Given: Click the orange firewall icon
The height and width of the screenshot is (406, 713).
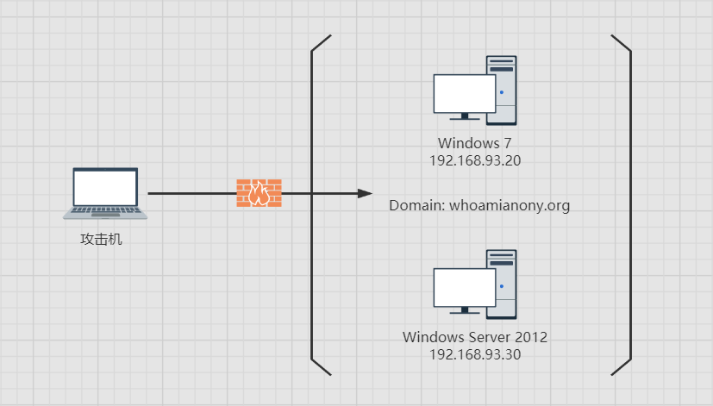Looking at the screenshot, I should (259, 193).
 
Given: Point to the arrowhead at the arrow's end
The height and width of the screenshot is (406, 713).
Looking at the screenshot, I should (365, 194).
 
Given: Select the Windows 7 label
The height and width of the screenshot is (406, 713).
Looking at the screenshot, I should (475, 143).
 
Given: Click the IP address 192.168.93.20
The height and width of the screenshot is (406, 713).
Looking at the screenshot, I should (475, 160).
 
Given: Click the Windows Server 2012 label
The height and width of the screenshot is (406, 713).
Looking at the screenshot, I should (475, 337).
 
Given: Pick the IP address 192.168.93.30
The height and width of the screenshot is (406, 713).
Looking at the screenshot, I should (475, 354).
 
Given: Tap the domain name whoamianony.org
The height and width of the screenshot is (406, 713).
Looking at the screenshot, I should (510, 206).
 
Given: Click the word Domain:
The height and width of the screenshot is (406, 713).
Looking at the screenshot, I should (416, 206).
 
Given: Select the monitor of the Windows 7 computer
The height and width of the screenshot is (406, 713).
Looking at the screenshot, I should (464, 93).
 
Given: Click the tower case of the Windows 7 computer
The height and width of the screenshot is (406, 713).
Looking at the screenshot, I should (503, 91).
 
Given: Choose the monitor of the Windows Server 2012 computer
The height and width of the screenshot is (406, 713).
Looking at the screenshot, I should (464, 287).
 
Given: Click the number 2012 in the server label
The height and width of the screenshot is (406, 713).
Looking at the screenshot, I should (531, 337).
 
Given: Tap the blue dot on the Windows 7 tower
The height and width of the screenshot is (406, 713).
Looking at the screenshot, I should (501, 91).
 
